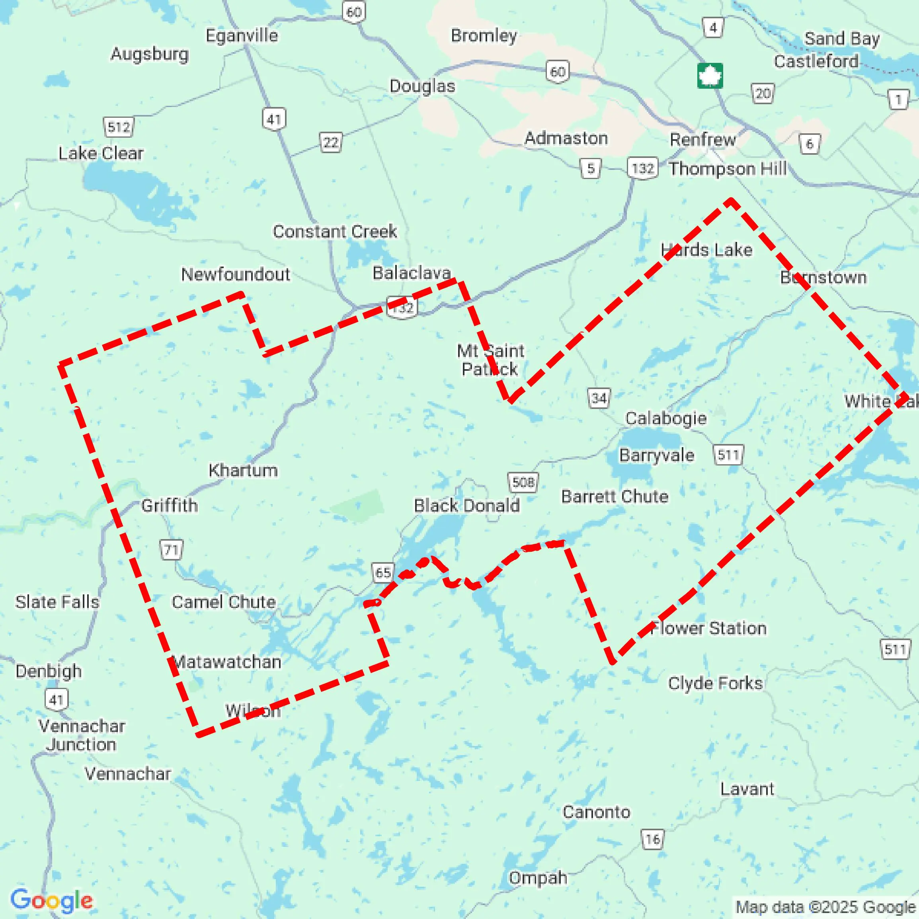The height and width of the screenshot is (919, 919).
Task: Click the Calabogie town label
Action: pyautogui.click(x=665, y=419)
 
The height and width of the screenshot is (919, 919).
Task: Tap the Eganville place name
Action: pyautogui.click(x=241, y=36)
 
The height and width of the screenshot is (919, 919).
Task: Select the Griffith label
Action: pyautogui.click(x=170, y=505)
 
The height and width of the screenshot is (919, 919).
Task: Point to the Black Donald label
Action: pyautogui.click(x=466, y=505)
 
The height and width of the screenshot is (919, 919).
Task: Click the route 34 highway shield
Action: pyautogui.click(x=599, y=398)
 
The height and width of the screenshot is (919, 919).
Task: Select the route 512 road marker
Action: pyautogui.click(x=119, y=127)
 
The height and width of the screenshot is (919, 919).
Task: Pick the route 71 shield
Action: pyautogui.click(x=171, y=550)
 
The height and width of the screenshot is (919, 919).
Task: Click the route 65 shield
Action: pyautogui.click(x=382, y=572)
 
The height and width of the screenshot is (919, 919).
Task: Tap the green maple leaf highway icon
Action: pyautogui.click(x=710, y=76)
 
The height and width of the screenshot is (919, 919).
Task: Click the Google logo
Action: pyautogui.click(x=51, y=900)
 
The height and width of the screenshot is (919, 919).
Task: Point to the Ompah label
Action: pyautogui.click(x=538, y=878)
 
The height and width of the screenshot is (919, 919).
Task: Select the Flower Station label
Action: pyautogui.click(x=708, y=628)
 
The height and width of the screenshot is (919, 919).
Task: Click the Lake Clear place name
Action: pyautogui.click(x=101, y=153)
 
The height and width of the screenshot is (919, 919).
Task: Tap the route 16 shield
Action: pyautogui.click(x=652, y=839)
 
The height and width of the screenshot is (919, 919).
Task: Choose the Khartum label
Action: pyautogui.click(x=243, y=470)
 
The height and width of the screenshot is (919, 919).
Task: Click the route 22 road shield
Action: pyautogui.click(x=330, y=142)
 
